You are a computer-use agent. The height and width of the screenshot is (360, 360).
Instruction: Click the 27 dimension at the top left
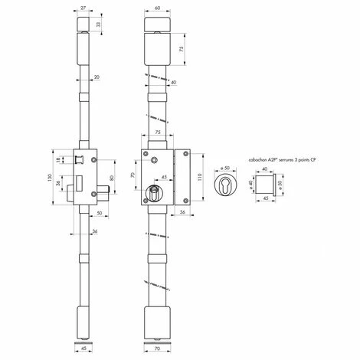pyautogui.click(x=82, y=6)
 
